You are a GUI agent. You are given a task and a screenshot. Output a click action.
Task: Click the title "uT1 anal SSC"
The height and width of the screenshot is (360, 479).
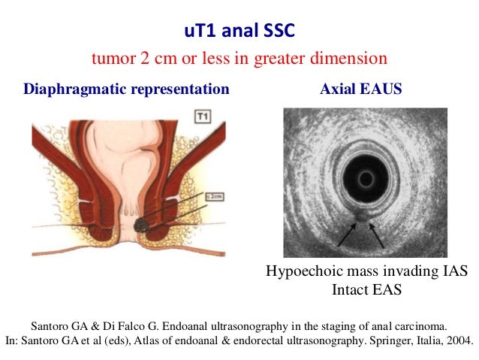pos(239,32)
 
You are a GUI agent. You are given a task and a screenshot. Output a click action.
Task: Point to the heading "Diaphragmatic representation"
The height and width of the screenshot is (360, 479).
pos(126,89)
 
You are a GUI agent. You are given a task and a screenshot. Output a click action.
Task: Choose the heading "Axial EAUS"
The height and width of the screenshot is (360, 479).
pos(360,89)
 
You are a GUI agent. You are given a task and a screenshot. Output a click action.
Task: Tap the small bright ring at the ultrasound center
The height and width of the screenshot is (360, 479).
pos(366,179)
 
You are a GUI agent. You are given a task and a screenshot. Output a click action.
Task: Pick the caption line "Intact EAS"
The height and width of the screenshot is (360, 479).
pos(366,289)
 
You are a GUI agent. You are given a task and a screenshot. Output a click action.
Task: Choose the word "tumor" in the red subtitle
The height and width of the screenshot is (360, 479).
pos(110,58)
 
